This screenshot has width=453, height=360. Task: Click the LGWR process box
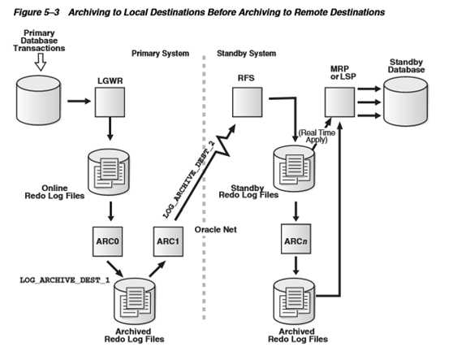[x=110, y=102]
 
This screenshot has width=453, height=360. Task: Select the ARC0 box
[x=107, y=241]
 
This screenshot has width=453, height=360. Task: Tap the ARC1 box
[x=168, y=241]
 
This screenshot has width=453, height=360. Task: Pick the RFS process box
[x=248, y=102]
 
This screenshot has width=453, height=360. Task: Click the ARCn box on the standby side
[x=296, y=239]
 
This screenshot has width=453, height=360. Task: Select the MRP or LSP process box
[x=339, y=102]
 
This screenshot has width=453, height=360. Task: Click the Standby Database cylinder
[x=406, y=102]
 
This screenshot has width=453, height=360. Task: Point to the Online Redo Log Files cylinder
[x=109, y=171]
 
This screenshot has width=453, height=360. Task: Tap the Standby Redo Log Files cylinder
[x=294, y=169]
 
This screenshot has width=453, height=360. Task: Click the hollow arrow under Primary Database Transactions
[x=41, y=62]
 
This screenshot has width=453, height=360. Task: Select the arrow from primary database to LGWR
[x=79, y=101]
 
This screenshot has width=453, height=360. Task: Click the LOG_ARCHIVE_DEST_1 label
[x=65, y=280]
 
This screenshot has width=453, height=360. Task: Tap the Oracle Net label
[x=215, y=230]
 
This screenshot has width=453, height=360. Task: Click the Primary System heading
[x=161, y=54]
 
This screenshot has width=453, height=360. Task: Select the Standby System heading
[x=247, y=54]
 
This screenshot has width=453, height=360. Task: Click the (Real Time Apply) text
[x=317, y=137]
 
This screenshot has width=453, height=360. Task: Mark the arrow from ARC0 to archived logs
[x=115, y=269]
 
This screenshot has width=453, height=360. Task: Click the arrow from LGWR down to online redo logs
[x=110, y=129]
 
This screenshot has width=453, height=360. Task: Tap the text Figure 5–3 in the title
[x=37, y=12]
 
